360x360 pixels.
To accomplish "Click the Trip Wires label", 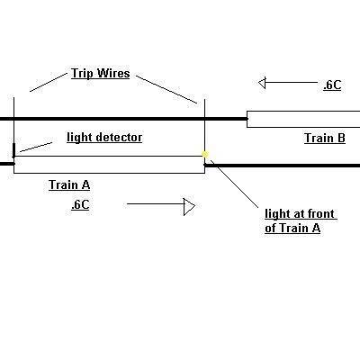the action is pyautogui.click(x=101, y=74).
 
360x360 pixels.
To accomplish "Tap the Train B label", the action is pyautogui.click(x=325, y=138).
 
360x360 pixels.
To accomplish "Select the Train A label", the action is pyautogui.click(x=69, y=184).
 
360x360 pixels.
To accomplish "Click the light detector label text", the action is pyautogui.click(x=104, y=138).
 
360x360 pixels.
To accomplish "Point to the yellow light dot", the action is pyautogui.click(x=205, y=154).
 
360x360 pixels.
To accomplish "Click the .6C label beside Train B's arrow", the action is pyautogui.click(x=332, y=85).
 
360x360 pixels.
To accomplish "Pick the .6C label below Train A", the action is pyautogui.click(x=80, y=205).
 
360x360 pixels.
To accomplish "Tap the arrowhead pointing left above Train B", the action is pyautogui.click(x=262, y=83).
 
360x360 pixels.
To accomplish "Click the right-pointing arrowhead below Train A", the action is pyautogui.click(x=189, y=207).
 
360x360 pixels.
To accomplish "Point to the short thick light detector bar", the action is pyautogui.click(x=13, y=150).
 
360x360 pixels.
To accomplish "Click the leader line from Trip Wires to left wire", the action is pyautogui.click(x=49, y=82).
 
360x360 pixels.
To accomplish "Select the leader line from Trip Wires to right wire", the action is pyautogui.click(x=166, y=89).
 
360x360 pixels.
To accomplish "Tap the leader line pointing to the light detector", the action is pyautogui.click(x=35, y=147).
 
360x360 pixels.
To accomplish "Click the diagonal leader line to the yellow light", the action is pyautogui.click(x=234, y=184).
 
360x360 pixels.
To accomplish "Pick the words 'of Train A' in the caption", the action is pyautogui.click(x=292, y=228).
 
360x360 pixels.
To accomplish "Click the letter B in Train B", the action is pyautogui.click(x=341, y=138).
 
